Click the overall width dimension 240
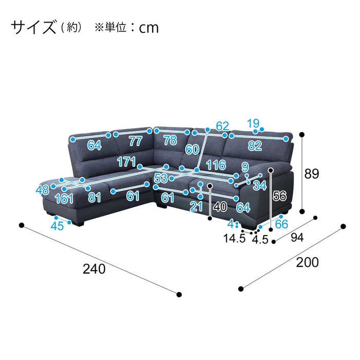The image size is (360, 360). pos(95,268)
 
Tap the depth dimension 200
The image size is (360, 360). pos(307,262)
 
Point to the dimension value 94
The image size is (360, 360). pos(298,237)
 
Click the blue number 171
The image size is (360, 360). pos(126,161)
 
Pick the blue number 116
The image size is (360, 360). pos(216,165)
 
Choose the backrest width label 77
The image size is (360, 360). pos(135,141)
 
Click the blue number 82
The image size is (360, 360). pos(255,146)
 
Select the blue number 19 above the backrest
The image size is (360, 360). pos(253,123)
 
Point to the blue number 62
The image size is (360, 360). pos(222,126)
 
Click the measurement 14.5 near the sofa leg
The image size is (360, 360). pos(234,239)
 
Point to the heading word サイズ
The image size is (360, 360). pos(33,27)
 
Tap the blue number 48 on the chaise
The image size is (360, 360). pos(43,190)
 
